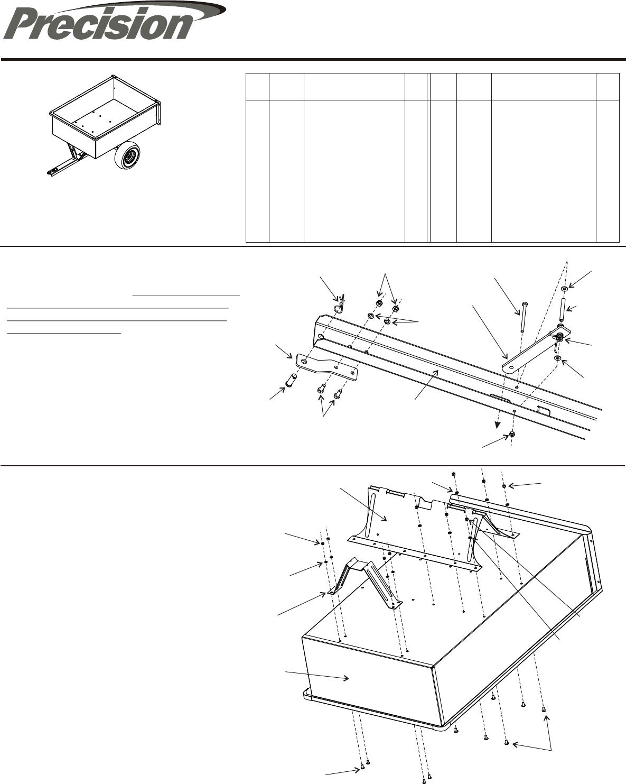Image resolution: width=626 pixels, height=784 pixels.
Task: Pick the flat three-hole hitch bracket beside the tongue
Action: pyautogui.click(x=328, y=366)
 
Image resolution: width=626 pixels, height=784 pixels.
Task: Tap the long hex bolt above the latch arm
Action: pyautogui.click(x=520, y=317)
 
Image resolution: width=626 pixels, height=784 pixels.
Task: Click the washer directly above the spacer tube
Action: pyautogui.click(x=565, y=289)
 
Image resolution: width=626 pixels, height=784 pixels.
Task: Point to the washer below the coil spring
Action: pyautogui.click(x=558, y=358)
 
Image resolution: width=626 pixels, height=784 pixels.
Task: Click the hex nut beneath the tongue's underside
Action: pyautogui.click(x=512, y=435)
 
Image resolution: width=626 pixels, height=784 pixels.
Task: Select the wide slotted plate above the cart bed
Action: pyautogui.click(x=412, y=529)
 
